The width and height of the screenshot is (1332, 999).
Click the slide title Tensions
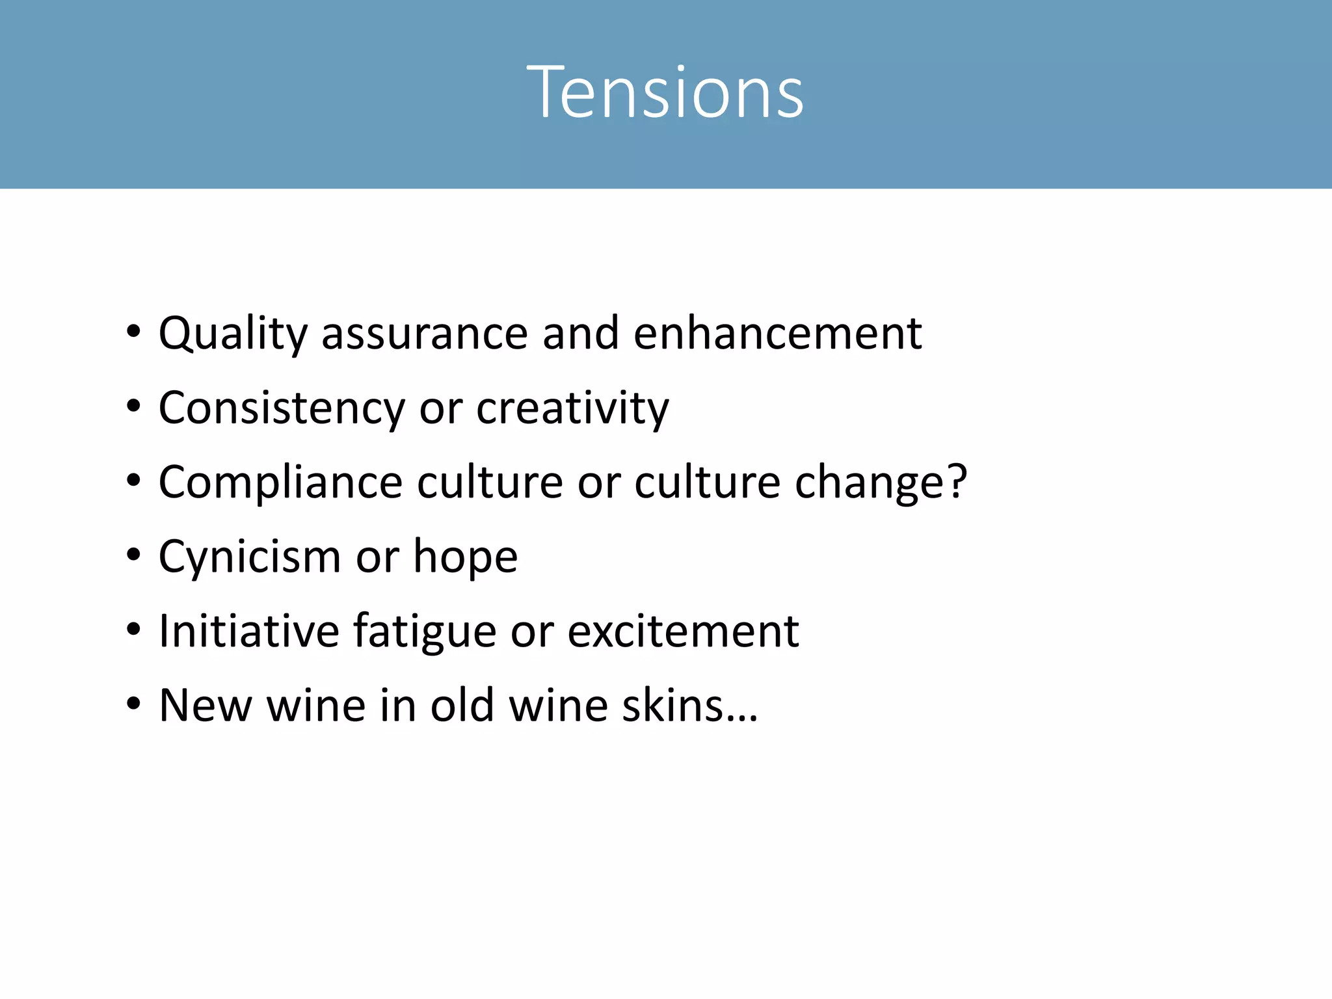click(665, 92)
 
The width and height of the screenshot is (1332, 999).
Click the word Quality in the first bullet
click(233, 334)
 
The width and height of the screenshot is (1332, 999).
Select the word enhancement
click(777, 333)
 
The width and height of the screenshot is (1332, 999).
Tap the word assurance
click(424, 334)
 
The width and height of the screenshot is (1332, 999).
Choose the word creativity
click(572, 409)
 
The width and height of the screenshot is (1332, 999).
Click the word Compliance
click(280, 483)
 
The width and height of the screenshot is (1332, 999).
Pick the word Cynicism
click(250, 557)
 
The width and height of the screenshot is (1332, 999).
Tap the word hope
click(466, 557)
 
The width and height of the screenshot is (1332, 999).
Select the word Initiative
click(249, 632)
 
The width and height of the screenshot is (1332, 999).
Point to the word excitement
click(683, 632)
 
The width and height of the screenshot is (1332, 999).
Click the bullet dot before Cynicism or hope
click(133, 555)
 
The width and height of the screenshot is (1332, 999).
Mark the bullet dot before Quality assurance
click(133, 332)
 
